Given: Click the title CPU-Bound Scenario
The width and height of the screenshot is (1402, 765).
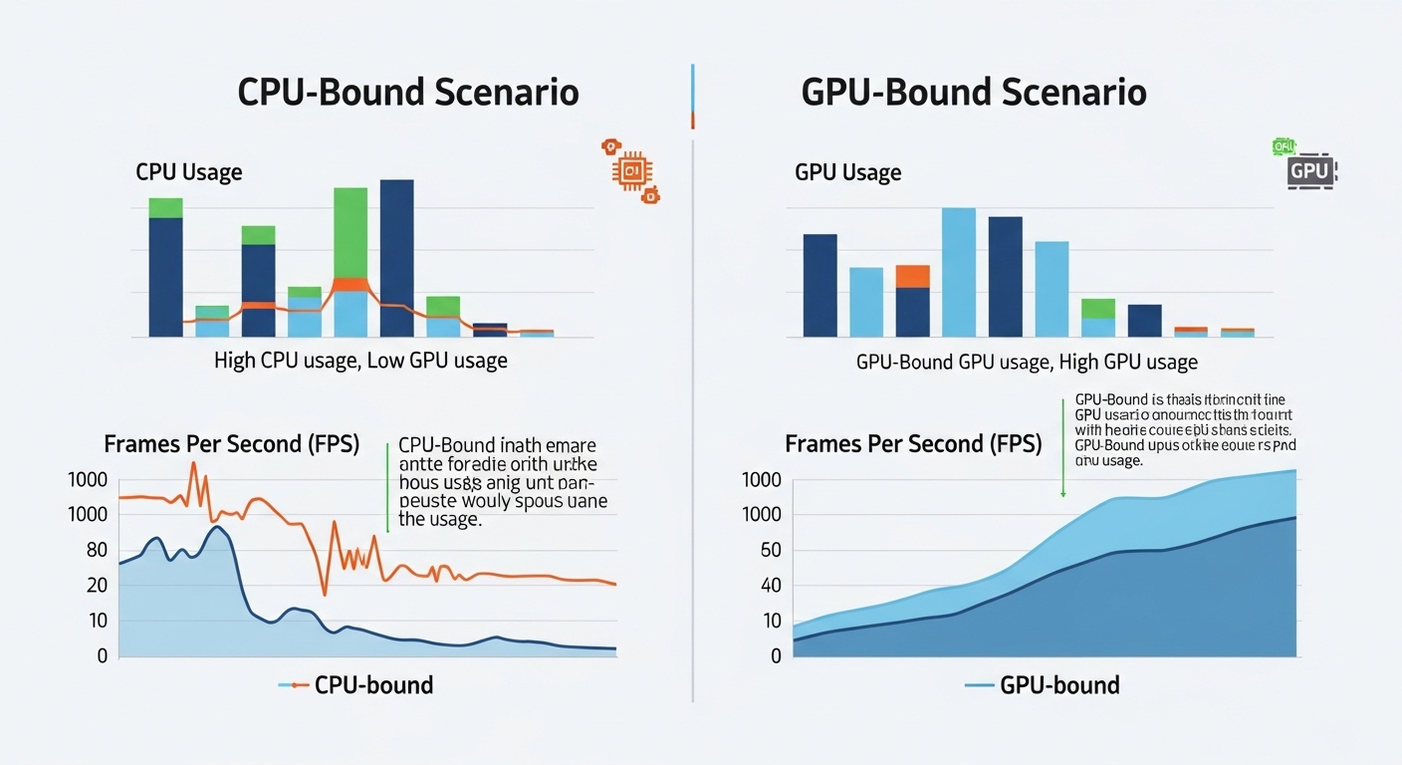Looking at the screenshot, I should [407, 92].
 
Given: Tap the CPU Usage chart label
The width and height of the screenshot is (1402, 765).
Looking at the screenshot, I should [188, 172].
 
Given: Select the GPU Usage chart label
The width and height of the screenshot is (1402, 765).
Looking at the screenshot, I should [847, 172].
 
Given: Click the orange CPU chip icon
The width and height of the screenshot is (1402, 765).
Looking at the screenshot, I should [630, 170].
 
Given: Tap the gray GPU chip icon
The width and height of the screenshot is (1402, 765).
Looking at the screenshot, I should [1309, 171].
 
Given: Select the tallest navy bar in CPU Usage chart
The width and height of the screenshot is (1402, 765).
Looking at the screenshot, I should [396, 258].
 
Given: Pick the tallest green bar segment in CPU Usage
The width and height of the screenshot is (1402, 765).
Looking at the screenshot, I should [350, 232].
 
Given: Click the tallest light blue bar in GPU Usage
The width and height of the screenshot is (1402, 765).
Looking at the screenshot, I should [958, 272].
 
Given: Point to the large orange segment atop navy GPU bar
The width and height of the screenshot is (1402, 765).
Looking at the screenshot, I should [912, 276].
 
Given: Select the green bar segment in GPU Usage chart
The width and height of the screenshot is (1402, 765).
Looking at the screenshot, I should [1097, 308].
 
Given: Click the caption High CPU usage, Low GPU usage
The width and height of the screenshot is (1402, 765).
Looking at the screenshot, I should [360, 361].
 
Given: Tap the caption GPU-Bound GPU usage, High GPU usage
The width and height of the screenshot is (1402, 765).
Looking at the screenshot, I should [1027, 362].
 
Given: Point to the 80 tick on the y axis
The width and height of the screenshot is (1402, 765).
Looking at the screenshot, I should [97, 550].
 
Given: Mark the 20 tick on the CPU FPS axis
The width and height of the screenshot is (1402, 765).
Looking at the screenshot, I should [97, 586].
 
